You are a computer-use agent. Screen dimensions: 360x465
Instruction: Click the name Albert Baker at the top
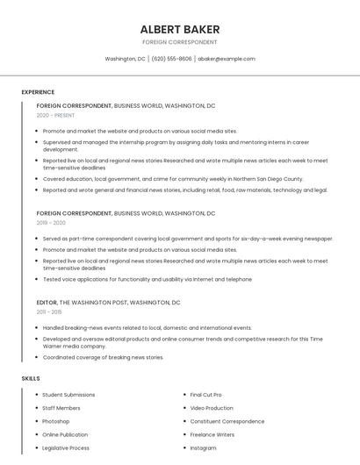(179, 29)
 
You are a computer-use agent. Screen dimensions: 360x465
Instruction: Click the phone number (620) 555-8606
(171, 59)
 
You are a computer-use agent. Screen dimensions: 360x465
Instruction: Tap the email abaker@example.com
(227, 59)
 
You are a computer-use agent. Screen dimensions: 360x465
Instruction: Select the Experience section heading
(38, 92)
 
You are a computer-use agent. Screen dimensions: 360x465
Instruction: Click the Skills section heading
(31, 378)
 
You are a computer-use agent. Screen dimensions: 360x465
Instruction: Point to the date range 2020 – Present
(55, 115)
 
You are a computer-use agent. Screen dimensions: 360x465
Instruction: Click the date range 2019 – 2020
(51, 223)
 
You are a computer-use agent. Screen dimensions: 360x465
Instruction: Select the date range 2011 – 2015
(49, 311)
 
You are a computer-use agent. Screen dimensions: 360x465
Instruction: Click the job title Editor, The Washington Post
(108, 302)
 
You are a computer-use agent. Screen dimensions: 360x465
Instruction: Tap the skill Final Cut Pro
(205, 395)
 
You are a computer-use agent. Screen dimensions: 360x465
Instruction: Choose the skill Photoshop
(55, 421)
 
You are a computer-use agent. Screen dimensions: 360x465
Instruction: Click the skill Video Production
(212, 408)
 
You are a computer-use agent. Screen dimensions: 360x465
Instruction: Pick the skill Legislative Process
(66, 447)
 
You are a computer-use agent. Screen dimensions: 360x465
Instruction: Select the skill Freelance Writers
(212, 434)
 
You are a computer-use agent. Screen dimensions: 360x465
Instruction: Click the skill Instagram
(203, 447)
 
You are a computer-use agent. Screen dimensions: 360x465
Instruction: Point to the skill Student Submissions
(68, 395)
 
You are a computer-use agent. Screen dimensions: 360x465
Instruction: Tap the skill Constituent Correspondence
(227, 421)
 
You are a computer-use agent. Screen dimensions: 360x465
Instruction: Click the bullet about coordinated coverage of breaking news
(103, 357)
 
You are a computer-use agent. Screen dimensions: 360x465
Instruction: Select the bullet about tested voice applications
(147, 279)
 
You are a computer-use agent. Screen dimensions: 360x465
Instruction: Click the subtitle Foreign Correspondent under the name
(179, 42)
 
